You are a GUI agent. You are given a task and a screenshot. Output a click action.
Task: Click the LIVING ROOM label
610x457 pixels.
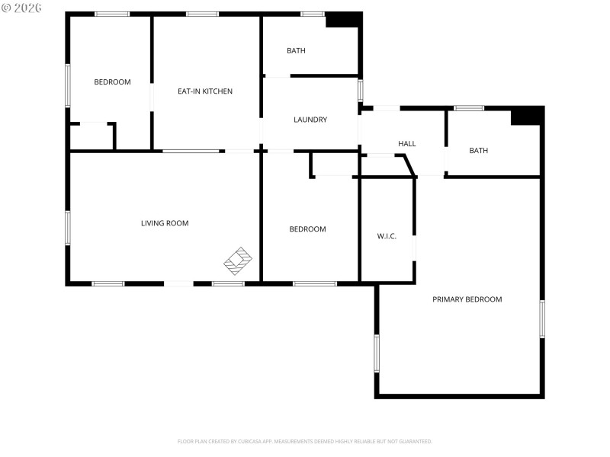[x=165, y=223]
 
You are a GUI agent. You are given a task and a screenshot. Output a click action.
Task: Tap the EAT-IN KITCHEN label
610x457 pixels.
[x=205, y=91]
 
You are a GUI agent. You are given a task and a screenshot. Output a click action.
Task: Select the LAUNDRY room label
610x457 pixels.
[x=310, y=120]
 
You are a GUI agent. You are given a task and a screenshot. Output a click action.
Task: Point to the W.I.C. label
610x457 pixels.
[x=387, y=236]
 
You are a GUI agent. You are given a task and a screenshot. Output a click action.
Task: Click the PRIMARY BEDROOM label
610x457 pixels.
[x=467, y=299]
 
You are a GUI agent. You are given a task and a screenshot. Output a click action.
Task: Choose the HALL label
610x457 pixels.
[x=406, y=144]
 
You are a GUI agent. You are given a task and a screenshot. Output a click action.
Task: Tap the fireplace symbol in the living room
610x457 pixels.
[x=238, y=260]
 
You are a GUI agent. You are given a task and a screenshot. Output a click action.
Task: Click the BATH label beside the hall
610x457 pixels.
[x=478, y=151]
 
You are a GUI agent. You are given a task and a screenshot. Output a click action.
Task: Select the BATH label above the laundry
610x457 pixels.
[x=296, y=51]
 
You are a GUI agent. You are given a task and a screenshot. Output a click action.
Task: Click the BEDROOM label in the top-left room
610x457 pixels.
[x=112, y=82]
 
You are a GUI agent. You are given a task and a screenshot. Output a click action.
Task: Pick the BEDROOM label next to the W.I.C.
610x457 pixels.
[x=307, y=229]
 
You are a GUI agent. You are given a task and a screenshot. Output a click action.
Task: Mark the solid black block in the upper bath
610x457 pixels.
[x=342, y=21]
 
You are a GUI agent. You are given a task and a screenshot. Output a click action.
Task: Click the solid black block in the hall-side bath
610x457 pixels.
[x=526, y=116]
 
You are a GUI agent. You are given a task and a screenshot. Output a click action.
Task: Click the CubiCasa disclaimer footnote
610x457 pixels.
[x=305, y=441]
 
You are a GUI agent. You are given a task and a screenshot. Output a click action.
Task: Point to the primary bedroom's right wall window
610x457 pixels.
[x=542, y=318]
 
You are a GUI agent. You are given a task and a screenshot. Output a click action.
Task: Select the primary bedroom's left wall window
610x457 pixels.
[x=376, y=353]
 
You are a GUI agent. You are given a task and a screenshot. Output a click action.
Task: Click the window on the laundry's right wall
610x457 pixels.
[x=360, y=90]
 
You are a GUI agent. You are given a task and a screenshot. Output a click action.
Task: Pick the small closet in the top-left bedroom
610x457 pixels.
[x=91, y=136]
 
